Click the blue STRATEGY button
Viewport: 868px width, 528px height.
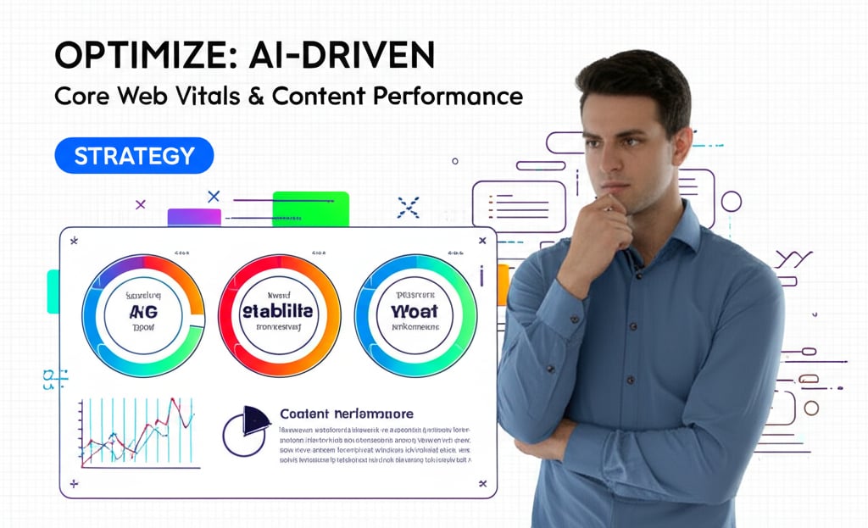134,156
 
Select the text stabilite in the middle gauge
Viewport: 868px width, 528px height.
279,311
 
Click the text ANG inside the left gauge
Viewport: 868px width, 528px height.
143,313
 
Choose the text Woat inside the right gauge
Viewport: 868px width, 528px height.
415,311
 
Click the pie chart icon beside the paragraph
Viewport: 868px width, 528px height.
246,430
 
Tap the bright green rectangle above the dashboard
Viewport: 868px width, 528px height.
310,208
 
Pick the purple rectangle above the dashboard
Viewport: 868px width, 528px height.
194,217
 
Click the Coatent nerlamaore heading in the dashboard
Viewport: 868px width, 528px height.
347,414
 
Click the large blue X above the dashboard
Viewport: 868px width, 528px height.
409,207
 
